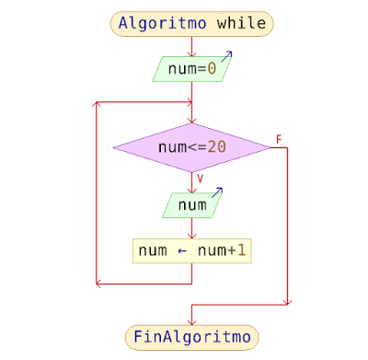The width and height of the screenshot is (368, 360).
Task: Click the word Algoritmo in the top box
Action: (x=163, y=24)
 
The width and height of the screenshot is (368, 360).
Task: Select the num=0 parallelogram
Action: (x=191, y=68)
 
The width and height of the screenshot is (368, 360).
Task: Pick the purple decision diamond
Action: (x=191, y=146)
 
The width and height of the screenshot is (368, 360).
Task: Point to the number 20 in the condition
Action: (x=216, y=146)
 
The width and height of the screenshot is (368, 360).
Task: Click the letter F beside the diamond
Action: (x=278, y=140)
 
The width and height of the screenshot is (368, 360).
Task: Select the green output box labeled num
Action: (x=191, y=205)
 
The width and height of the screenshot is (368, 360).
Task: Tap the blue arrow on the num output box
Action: (x=217, y=193)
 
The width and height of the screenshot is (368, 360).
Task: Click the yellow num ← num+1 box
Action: (x=191, y=250)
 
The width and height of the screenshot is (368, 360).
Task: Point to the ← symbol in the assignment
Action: (x=180, y=250)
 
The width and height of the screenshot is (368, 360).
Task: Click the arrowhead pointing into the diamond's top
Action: (x=191, y=121)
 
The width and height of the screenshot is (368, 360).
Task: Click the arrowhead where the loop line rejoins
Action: (x=187, y=102)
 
